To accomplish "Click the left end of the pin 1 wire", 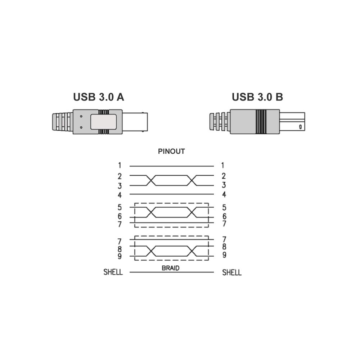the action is click(130, 166).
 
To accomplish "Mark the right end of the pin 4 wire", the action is click(214, 194).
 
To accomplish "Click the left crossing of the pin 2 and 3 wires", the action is click(151, 180).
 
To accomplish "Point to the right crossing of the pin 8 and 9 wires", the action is click(192, 251).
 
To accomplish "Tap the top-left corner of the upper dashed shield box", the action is click(135, 203).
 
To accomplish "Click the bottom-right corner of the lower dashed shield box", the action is click(208, 260).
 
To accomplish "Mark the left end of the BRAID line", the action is click(130, 272).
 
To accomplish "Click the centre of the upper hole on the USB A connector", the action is click(81, 116).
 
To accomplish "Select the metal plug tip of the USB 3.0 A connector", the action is click(135, 122).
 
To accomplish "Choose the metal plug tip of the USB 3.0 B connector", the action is click(292, 122).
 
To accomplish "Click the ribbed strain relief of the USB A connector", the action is click(63, 122).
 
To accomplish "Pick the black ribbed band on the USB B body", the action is click(261, 122).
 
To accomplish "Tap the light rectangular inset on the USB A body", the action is click(103, 122).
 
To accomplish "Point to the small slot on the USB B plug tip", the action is click(300, 127).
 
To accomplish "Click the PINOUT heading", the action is click(171, 151).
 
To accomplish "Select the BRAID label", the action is click(171, 268).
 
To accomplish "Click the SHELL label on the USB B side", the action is click(231, 273).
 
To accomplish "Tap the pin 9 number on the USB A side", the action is click(120, 256).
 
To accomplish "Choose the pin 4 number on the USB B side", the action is click(224, 194).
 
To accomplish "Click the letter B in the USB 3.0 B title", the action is click(279, 97).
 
